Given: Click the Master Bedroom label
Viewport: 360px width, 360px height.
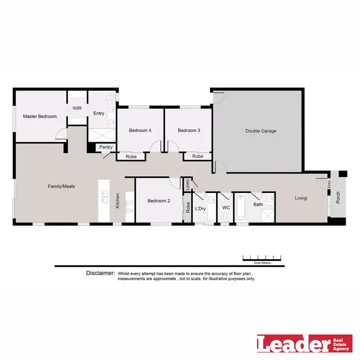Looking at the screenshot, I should (x=40, y=117).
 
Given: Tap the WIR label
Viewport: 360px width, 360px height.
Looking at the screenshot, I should (x=77, y=108).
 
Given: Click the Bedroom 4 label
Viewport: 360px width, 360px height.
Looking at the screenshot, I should (x=140, y=131).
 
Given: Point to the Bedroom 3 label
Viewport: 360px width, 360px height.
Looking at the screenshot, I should (x=189, y=131).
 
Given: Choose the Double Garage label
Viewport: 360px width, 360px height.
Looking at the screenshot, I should (x=261, y=131).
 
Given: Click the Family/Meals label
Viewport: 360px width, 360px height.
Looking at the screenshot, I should (x=61, y=186).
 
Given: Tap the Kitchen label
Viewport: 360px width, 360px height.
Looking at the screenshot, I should (x=117, y=201).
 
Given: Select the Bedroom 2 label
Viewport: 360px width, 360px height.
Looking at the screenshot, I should (x=159, y=201).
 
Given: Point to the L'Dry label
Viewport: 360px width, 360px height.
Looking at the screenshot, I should (x=200, y=208).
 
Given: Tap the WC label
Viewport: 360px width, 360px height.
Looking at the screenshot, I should (x=226, y=208).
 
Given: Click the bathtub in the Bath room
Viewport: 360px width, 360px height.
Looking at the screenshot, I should (x=241, y=207).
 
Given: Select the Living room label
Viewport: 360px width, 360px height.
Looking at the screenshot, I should (x=300, y=198).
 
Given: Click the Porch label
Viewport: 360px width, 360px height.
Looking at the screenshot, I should (x=338, y=198).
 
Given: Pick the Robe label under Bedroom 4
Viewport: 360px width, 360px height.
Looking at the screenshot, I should (x=131, y=156).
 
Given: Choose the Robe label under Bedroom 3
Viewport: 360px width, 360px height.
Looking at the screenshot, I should (x=198, y=156).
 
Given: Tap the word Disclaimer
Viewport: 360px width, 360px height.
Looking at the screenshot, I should (x=100, y=273).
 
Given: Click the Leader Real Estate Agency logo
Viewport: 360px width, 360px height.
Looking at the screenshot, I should (x=304, y=344).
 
